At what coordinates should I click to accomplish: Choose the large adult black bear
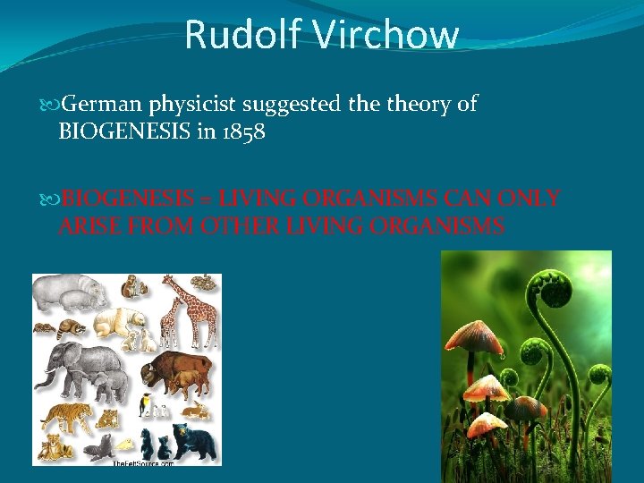(x=195, y=440)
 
